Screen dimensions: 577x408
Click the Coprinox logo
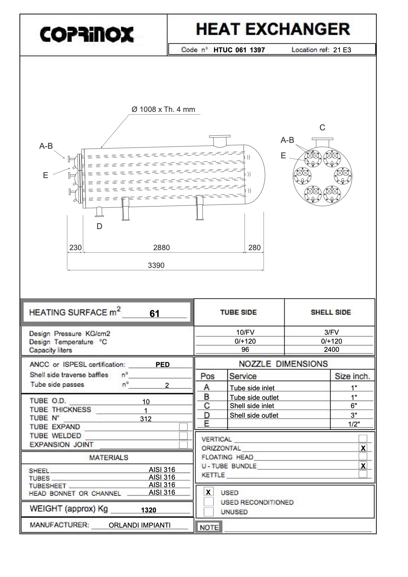87,34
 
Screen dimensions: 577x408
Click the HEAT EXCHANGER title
273,30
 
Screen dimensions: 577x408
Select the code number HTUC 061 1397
239,50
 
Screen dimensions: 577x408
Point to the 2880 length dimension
162,248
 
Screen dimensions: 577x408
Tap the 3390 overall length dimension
156,265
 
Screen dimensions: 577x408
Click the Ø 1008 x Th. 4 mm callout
163,109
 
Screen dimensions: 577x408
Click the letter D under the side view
99,226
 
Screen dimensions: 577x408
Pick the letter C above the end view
322,128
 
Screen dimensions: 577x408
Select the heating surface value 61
154,314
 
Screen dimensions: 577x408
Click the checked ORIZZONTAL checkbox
363,448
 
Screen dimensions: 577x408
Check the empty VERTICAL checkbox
363,438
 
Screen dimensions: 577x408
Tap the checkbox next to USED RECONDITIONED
208,502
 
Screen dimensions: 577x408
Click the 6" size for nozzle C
354,406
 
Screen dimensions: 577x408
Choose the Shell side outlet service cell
254,415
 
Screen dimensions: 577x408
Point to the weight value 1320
148,510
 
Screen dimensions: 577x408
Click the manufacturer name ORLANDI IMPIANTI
140,525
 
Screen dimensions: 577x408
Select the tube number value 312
146,419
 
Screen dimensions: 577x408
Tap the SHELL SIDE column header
331,312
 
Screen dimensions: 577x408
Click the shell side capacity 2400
331,350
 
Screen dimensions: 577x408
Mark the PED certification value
163,365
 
